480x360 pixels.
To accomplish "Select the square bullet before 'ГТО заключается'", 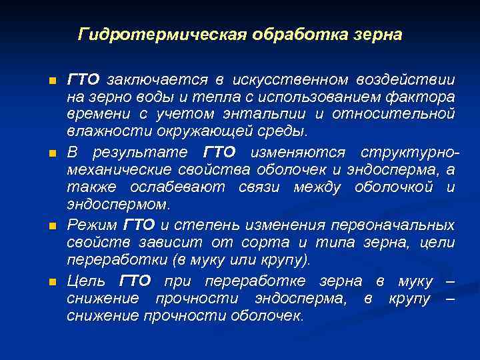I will pyautogui.click(x=53, y=81).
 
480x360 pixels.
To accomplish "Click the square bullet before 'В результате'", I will pyautogui.click(x=53, y=154).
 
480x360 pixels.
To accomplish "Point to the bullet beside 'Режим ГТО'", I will pyautogui.click(x=53, y=226).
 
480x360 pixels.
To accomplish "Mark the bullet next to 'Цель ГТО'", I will pyautogui.click(x=53, y=283).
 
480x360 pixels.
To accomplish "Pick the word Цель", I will pyautogui.click(x=87, y=281).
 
